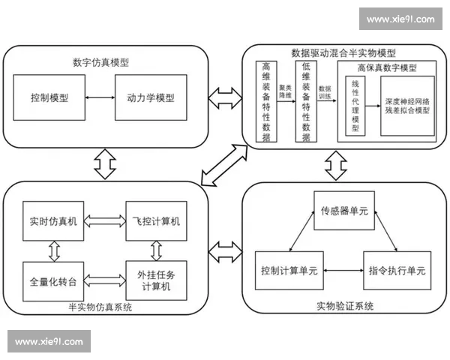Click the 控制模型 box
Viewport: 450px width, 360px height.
click(51, 97)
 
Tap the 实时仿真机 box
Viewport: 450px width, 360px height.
click(52, 221)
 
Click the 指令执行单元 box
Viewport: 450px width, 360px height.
click(394, 270)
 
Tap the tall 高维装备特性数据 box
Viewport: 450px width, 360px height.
click(265, 102)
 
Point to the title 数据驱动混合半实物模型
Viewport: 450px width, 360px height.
click(343, 53)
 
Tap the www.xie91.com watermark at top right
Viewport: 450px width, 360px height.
click(400, 19)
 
